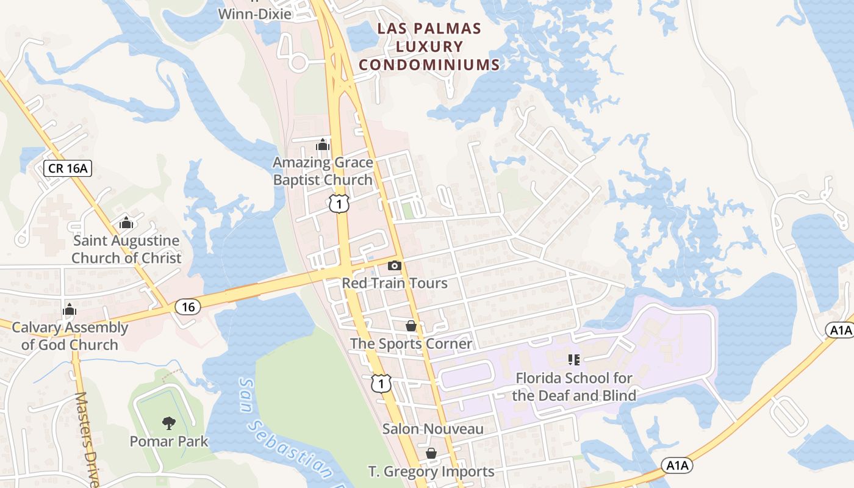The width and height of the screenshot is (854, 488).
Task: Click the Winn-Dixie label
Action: tap(255, 13)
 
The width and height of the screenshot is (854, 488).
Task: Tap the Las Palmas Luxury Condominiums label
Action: tap(429, 46)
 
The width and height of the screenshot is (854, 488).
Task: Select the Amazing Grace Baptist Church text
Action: tap(323, 171)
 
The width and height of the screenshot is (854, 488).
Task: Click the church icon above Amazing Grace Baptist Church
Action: tap(323, 145)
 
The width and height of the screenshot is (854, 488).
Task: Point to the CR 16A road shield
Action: tap(68, 168)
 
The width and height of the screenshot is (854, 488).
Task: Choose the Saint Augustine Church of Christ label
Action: tap(126, 249)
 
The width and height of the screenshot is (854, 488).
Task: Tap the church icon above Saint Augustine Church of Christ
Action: tap(126, 223)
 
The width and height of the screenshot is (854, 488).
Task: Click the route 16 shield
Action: tap(188, 307)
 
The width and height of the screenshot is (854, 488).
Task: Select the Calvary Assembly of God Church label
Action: tap(70, 336)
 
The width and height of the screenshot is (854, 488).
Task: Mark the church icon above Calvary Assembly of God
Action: tap(70, 309)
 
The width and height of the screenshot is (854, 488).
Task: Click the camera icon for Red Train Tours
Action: tap(395, 265)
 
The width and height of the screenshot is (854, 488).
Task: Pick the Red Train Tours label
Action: tap(395, 283)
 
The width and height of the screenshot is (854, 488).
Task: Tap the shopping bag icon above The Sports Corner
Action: tap(411, 326)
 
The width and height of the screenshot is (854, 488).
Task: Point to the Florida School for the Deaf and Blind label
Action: tap(573, 387)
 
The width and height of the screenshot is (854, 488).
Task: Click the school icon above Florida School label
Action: tap(573, 360)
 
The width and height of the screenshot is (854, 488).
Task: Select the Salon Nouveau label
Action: tap(432, 429)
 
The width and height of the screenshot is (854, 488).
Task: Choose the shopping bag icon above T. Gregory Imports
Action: tap(431, 453)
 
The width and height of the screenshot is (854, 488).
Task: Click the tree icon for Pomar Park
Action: tap(169, 422)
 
